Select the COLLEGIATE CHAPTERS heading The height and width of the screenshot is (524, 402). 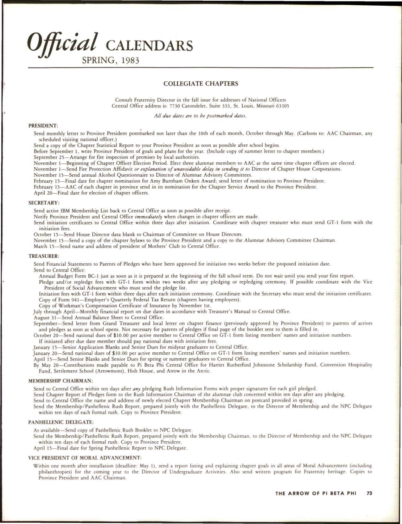tap(201, 84)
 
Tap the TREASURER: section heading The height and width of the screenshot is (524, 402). tap(44, 256)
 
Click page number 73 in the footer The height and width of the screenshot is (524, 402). tap(369, 502)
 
